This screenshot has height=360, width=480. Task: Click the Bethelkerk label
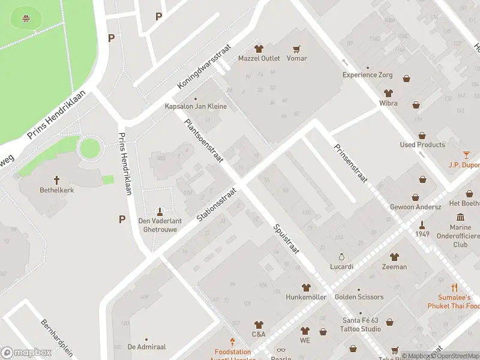57,190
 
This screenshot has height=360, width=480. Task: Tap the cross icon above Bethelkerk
57,179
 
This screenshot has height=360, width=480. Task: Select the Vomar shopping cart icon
296,49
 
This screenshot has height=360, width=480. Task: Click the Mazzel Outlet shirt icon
259,49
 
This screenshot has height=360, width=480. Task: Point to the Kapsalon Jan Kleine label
196,106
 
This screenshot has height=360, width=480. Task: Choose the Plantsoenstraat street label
204,140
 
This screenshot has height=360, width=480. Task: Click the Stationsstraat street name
217,205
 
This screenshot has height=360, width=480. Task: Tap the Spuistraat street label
286,238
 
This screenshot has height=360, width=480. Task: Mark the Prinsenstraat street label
350,163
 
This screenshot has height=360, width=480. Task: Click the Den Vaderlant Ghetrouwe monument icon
160,211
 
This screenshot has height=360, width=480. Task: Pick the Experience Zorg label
367,75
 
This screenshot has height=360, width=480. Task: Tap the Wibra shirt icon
388,93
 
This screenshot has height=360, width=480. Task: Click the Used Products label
422,145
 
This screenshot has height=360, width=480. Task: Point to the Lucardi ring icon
342,256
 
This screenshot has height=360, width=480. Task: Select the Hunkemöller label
306,297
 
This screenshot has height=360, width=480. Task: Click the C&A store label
259,334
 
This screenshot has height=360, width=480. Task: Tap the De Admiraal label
146,347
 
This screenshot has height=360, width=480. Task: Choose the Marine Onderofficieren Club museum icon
460,217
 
